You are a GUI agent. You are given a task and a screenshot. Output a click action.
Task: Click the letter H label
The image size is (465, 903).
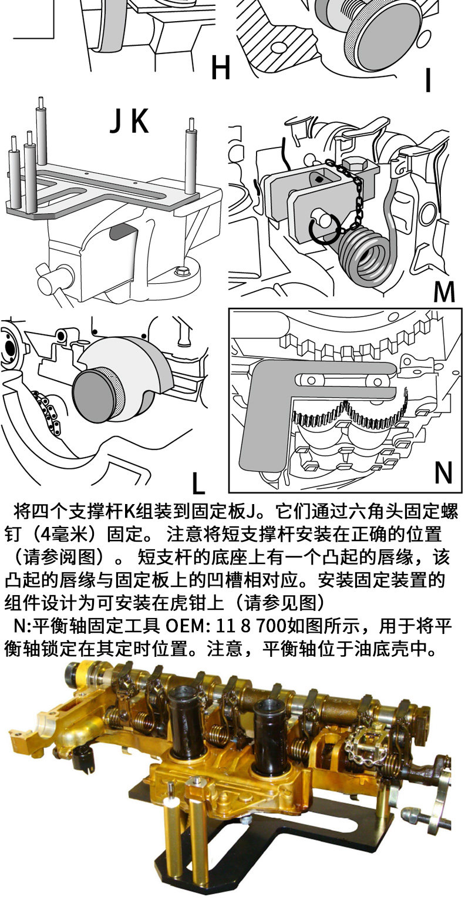point(220,69)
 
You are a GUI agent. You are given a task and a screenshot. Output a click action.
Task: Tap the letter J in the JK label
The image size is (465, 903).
point(116,122)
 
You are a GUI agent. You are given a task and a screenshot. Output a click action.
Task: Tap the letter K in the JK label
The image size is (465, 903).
point(139,122)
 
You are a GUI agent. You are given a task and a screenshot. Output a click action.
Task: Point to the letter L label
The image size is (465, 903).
point(198,483)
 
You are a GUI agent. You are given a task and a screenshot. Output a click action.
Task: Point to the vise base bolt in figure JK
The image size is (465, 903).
point(181,272)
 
